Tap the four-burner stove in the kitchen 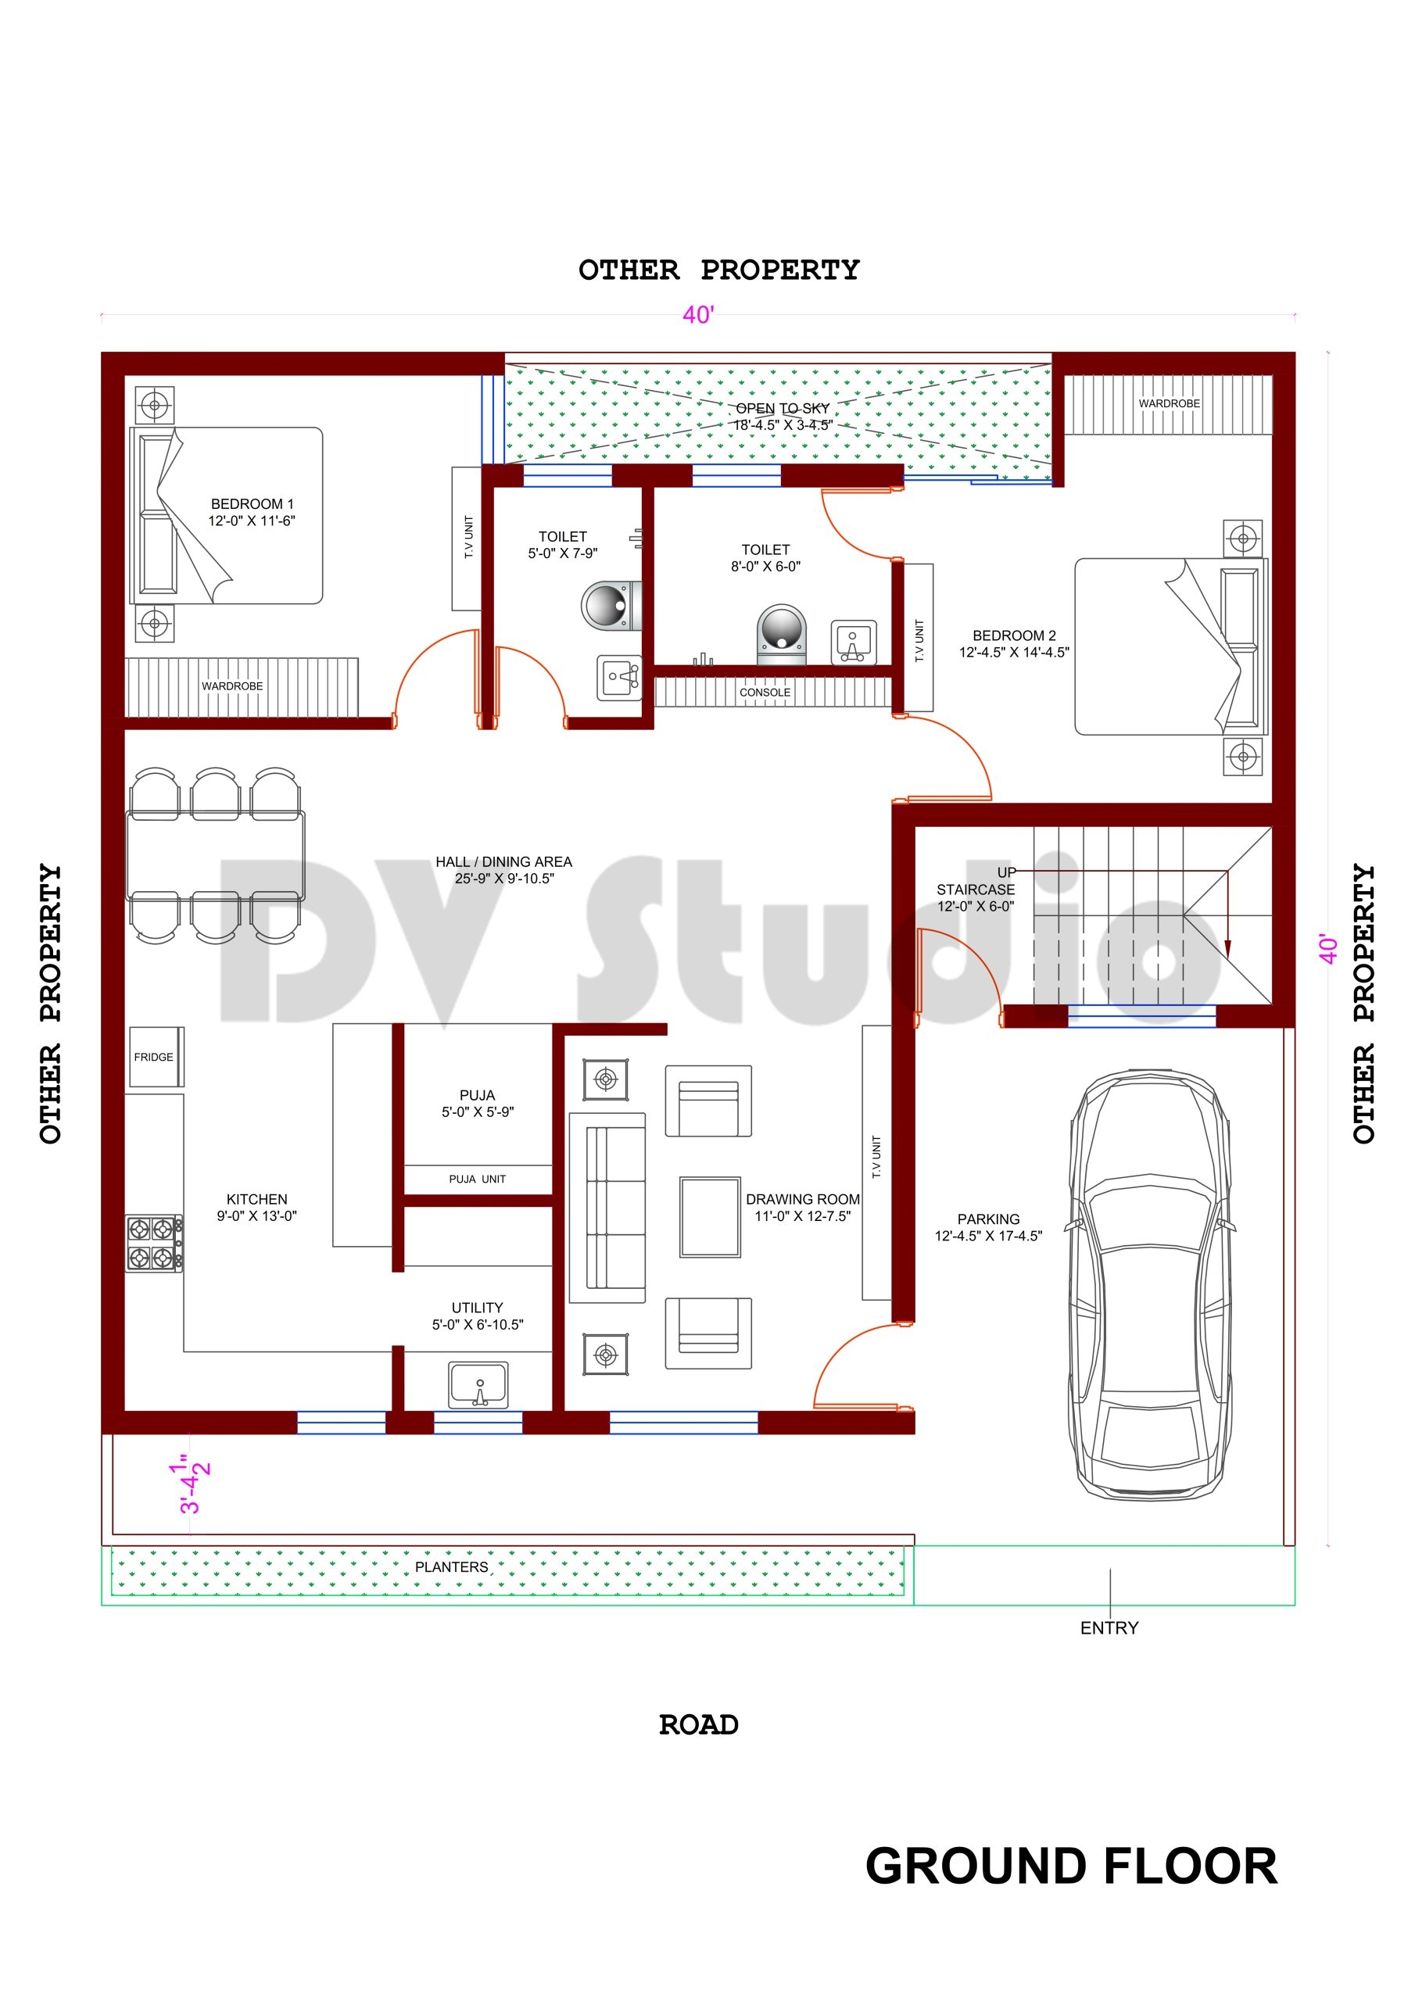tap(153, 1243)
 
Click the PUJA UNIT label tap(477, 1179)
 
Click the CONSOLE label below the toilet tap(765, 692)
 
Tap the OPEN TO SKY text tap(782, 409)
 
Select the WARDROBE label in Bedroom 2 tap(1168, 403)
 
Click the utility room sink tap(478, 1385)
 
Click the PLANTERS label tap(451, 1566)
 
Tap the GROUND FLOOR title tap(1069, 1866)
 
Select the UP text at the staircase tap(1006, 872)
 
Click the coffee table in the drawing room tap(710, 1217)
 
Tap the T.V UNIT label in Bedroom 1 tap(468, 537)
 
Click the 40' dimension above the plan tap(698, 315)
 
